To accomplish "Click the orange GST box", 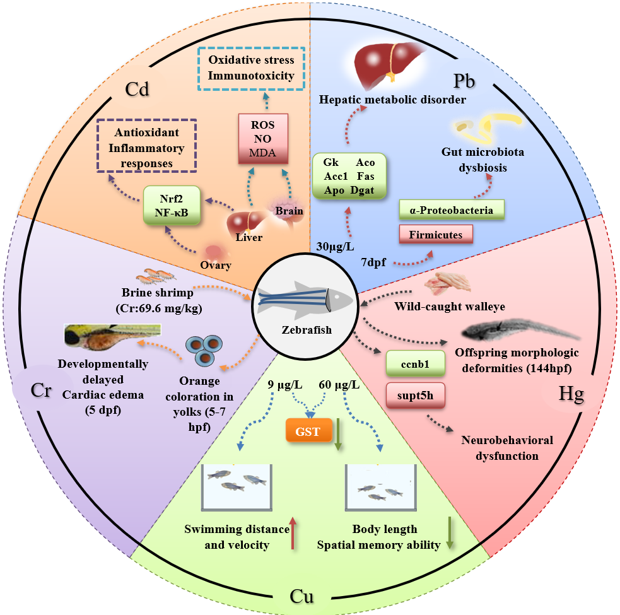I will pyautogui.click(x=307, y=433).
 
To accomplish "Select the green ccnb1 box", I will pyautogui.click(x=415, y=364).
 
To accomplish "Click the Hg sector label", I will pyautogui.click(x=571, y=395).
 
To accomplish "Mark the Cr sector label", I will pyautogui.click(x=42, y=389).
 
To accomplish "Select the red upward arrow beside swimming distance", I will pyautogui.click(x=293, y=533).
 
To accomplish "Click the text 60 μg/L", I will pyautogui.click(x=340, y=384).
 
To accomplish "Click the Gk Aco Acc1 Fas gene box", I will pyautogui.click(x=349, y=175).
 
